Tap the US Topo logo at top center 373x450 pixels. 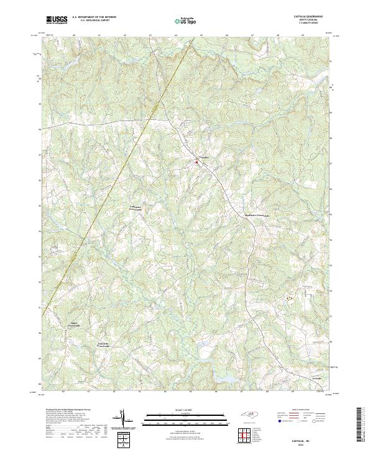(x=185, y=21)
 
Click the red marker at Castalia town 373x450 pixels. (x=196, y=162)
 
